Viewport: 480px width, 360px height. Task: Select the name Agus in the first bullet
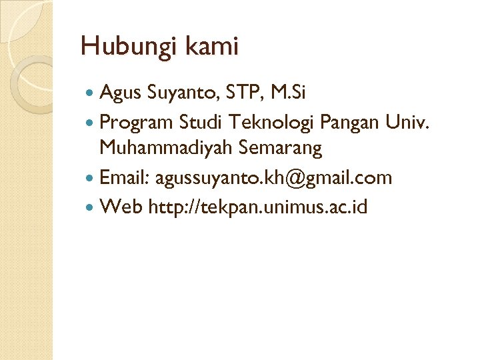[x=119, y=93]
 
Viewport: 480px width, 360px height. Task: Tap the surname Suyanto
[x=179, y=93]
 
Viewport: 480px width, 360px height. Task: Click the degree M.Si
[x=285, y=93]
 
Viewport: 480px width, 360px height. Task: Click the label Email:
[x=125, y=178]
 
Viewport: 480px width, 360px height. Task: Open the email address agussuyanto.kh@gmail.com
[x=273, y=178]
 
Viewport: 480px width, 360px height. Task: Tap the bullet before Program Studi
[x=91, y=122]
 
